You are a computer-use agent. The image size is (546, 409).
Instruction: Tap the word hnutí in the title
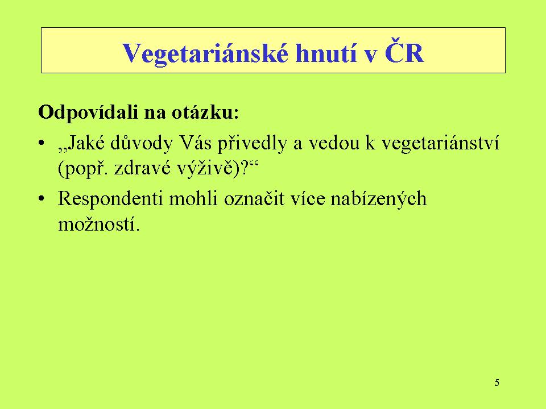coord(326,53)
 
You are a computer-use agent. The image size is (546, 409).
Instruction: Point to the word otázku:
coord(205,112)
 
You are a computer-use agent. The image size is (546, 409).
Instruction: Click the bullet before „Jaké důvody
coord(42,143)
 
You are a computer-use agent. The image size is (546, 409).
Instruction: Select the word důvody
coord(142,143)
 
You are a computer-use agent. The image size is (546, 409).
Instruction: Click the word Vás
coord(195,142)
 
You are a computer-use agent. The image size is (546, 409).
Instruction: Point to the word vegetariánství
coord(440,143)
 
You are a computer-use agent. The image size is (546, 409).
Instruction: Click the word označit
coord(254,199)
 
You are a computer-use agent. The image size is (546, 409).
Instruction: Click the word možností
coord(99,224)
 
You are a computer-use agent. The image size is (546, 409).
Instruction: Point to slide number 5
coord(497,382)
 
